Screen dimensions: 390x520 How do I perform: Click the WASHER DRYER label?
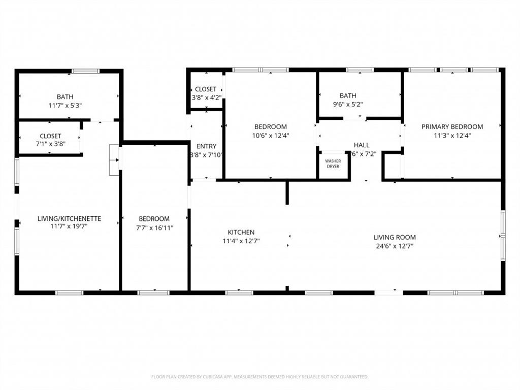tap(333, 164)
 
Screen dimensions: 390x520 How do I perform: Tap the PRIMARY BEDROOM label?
tap(452, 126)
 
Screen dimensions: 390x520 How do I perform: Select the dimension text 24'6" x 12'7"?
tap(395, 246)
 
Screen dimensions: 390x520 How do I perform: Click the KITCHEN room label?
tap(241, 232)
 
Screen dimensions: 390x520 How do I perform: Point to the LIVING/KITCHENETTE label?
tap(69, 218)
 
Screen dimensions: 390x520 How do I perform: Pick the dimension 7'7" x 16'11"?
tap(154, 228)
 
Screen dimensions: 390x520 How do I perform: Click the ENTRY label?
tap(206, 146)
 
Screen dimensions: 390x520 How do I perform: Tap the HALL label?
tap(362, 145)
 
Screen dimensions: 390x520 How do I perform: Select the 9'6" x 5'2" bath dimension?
tap(348, 104)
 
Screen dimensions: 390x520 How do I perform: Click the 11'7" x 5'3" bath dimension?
tap(64, 105)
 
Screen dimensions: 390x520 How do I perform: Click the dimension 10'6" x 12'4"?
tap(271, 136)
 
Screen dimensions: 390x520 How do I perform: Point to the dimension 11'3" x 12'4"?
tap(452, 136)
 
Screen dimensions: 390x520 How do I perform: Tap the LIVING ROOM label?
tap(395, 237)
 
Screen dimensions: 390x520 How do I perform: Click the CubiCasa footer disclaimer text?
tap(259, 377)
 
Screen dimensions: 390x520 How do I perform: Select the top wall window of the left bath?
tap(85, 71)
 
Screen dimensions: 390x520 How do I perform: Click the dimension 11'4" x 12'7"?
tap(241, 241)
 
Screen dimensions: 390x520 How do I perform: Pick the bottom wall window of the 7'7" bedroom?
tap(153, 292)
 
